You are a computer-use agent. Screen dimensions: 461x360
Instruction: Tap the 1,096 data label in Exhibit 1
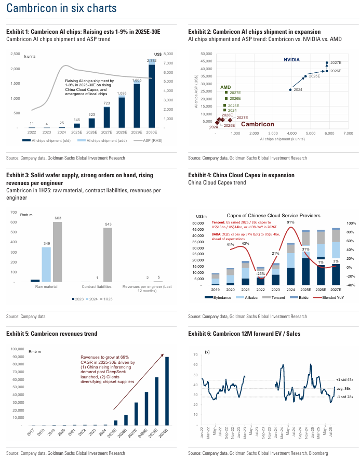(122, 93)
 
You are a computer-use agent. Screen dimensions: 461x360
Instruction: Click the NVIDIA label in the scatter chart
(291, 60)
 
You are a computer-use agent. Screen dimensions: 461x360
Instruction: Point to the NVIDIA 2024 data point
(290, 90)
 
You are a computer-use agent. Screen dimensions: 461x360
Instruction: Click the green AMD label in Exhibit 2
(225, 87)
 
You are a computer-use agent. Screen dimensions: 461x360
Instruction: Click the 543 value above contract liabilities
(108, 224)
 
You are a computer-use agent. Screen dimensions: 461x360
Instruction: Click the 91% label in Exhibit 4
(291, 223)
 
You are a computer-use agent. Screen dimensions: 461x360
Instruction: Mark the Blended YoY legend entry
(323, 297)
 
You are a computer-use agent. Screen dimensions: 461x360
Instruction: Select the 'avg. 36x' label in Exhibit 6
(344, 388)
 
